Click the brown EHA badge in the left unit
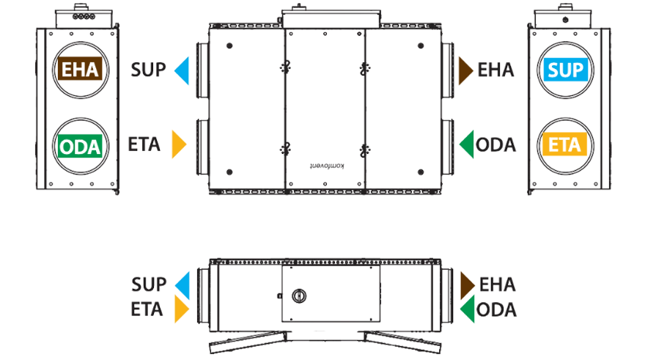click(80, 69)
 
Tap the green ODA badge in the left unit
click(80, 146)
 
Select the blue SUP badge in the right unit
click(565, 70)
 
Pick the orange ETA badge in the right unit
click(564, 144)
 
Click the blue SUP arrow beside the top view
click(182, 70)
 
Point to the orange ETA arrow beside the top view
click(179, 144)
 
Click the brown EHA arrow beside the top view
click(465, 70)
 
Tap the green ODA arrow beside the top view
click(467, 144)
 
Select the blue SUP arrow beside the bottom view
click(182, 285)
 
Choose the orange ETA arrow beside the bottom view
click(182, 309)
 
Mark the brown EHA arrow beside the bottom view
click(468, 285)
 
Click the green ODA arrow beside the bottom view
click(468, 309)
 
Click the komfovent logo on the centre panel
click(327, 166)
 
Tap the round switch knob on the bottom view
click(299, 295)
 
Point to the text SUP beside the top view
click(148, 70)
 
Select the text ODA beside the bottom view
click(496, 310)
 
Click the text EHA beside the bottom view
click(497, 284)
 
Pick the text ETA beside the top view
click(144, 144)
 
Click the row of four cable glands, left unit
click(84, 17)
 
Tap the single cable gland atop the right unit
click(565, 20)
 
